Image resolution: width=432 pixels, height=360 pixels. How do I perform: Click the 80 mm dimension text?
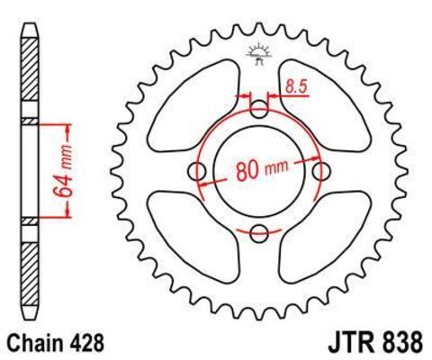(x=262, y=171)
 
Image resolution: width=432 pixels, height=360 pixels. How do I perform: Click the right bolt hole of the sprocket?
(x=322, y=172)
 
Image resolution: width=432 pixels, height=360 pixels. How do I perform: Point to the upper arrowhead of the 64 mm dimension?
(x=64, y=123)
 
